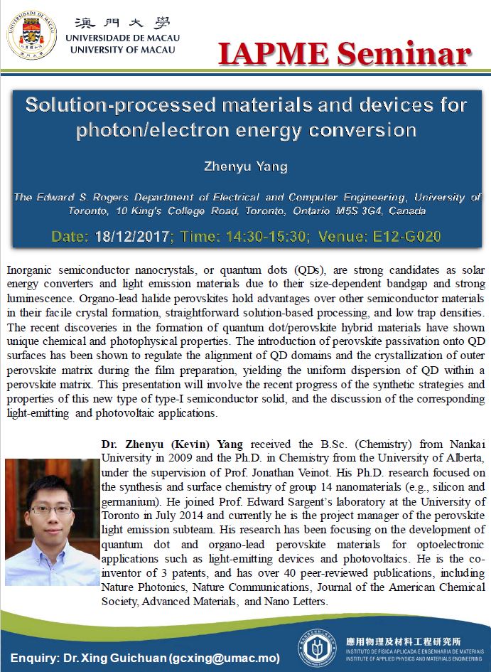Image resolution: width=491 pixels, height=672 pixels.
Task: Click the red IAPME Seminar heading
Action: (x=344, y=53)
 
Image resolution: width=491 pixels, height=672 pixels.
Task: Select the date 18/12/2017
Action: (x=132, y=237)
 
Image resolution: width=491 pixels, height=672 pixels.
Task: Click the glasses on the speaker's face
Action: (x=51, y=509)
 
